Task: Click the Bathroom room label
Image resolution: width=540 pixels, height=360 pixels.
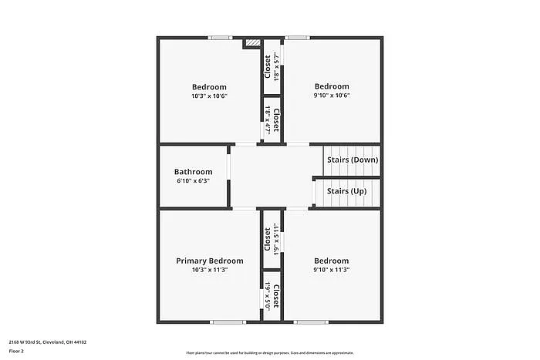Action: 193,172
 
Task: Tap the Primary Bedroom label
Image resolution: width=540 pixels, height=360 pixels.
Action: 209,261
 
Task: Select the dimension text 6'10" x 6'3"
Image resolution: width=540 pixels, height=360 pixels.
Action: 193,181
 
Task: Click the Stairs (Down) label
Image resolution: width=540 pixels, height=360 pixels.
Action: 352,160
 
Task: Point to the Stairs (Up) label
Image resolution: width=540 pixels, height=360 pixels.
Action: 346,190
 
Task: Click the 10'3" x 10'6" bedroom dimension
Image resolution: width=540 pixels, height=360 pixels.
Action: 209,96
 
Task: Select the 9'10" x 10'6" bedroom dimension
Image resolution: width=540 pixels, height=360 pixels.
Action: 332,96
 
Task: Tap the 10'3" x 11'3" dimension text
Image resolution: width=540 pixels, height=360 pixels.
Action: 209,271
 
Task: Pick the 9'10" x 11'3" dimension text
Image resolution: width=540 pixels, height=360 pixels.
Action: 332,271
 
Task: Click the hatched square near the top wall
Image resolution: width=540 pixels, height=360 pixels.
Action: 251,43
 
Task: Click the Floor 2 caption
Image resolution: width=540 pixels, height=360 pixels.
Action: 17,351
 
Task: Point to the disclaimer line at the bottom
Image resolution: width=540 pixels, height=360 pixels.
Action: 269,353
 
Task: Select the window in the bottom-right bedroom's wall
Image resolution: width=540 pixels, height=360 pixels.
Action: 310,321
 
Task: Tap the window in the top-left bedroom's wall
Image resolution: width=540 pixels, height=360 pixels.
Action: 221,37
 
